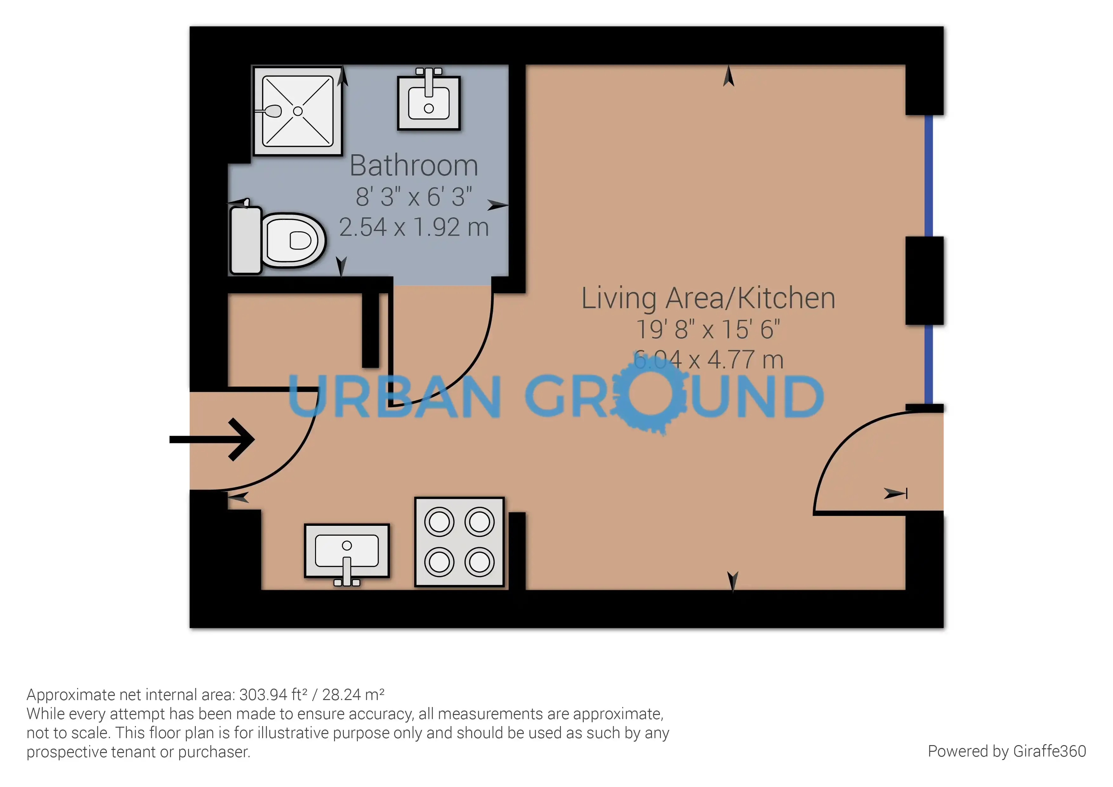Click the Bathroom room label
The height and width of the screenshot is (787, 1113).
coord(414,166)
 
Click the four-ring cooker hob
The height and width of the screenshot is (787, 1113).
coord(459,542)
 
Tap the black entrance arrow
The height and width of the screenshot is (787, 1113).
coord(212,439)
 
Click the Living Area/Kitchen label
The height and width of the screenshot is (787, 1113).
coord(708,298)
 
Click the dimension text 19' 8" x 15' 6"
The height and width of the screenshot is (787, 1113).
coord(708,329)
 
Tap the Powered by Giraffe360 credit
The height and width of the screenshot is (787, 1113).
coord(1007,751)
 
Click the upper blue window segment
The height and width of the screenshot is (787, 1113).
coord(928,175)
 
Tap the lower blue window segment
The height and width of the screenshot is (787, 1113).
coord(928,364)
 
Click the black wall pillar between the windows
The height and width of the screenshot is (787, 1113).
coord(925,280)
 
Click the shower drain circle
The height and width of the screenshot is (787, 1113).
coord(298,111)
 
